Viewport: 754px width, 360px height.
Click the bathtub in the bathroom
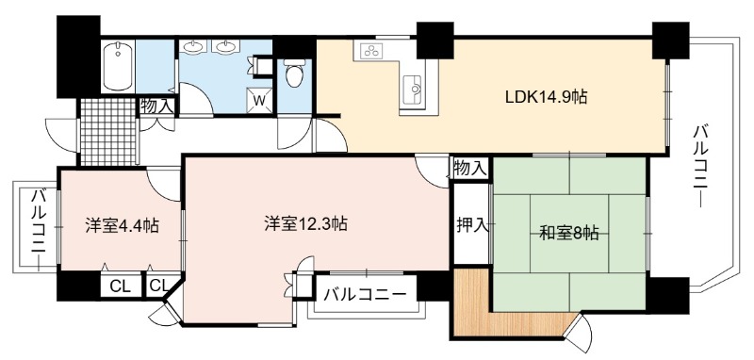coord(118,66)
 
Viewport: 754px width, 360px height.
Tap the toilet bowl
coord(294,74)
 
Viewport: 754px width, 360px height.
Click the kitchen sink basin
coord(413,90)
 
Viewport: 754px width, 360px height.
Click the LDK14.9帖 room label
coord(546,98)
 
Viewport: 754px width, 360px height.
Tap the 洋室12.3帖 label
coord(305,223)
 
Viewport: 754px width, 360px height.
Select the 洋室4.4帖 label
coord(123,225)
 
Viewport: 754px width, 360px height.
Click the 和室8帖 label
coord(569,234)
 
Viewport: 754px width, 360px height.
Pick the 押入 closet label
coord(473,224)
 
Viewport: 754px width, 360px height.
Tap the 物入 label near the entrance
coord(156,106)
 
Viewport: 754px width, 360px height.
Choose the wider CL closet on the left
coord(121,286)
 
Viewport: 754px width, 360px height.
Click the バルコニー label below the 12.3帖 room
coord(365,294)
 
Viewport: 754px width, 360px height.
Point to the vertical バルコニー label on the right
coord(701,166)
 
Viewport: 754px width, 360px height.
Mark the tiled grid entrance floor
coord(107,132)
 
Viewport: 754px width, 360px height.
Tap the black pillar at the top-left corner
coord(78,57)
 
